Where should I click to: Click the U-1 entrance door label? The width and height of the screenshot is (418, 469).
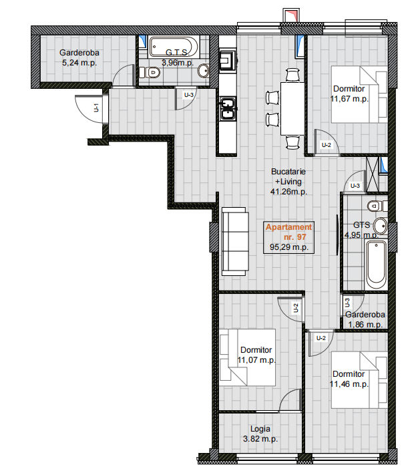click(x=96, y=108)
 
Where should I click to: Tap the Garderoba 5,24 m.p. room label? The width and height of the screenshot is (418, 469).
click(x=79, y=57)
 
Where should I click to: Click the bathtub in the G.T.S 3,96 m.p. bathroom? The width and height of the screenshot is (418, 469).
click(x=174, y=47)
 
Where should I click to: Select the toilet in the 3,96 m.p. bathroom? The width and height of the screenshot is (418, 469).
click(x=150, y=72)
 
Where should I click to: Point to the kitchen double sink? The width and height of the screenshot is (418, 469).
click(x=228, y=109)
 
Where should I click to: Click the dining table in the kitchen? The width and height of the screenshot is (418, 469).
click(x=292, y=109)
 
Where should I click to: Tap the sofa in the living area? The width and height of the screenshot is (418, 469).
click(x=235, y=241)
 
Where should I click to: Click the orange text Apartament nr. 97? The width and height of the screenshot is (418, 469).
click(x=289, y=232)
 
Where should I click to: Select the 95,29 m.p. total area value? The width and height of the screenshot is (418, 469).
click(x=289, y=247)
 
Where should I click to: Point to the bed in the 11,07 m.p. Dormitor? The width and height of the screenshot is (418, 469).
click(x=248, y=357)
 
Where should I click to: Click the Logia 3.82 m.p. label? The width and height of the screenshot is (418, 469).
click(x=260, y=434)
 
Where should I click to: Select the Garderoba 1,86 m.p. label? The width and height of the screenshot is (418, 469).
click(x=365, y=319)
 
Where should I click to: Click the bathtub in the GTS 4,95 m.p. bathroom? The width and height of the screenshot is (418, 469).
click(x=376, y=264)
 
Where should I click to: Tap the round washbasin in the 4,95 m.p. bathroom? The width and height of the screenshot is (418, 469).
click(x=381, y=226)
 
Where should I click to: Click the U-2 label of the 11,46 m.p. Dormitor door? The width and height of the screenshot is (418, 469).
click(x=321, y=338)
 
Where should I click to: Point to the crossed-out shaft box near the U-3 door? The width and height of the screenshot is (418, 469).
click(x=373, y=174)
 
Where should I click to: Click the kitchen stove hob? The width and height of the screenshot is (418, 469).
click(x=227, y=60)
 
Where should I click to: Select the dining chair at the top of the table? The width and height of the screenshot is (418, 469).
click(x=292, y=75)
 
